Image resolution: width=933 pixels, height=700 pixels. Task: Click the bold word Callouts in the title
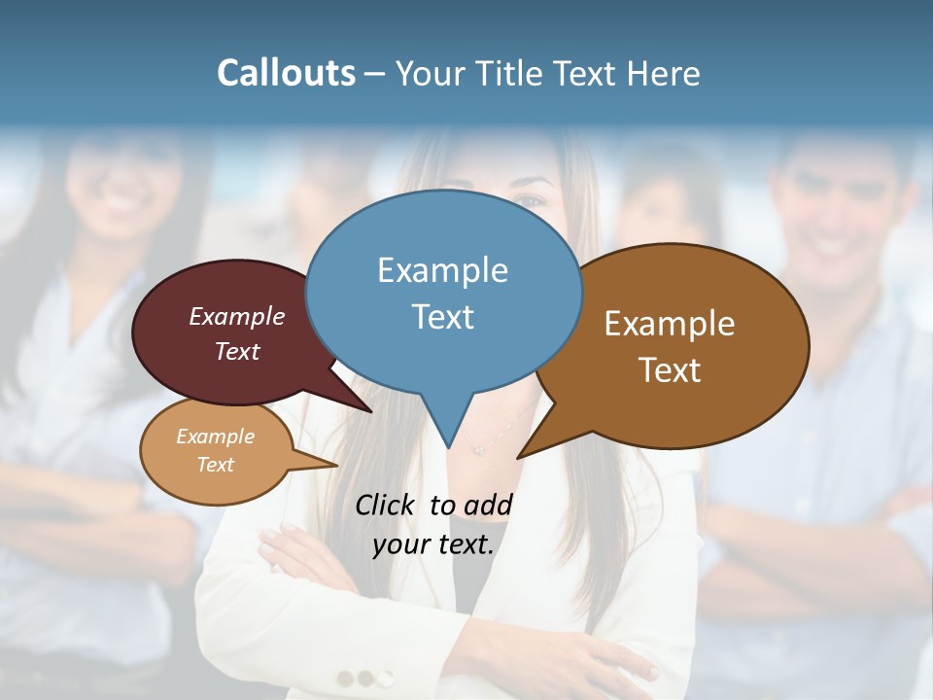tap(287, 73)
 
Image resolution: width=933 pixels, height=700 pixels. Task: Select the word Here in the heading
tap(664, 73)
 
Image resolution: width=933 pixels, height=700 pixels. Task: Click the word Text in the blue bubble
tap(442, 316)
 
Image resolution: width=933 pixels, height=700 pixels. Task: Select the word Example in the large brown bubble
tap(670, 323)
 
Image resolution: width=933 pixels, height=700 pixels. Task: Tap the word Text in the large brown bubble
tap(670, 369)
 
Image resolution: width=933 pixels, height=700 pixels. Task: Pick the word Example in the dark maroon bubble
tap(236, 316)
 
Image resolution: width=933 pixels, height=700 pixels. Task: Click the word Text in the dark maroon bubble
tap(236, 351)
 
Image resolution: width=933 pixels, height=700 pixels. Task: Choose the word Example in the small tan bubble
tap(215, 437)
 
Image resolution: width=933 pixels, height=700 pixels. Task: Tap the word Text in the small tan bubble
tap(215, 465)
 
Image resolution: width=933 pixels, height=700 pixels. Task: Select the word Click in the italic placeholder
tap(384, 505)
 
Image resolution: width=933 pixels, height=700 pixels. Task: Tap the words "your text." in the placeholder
tap(433, 543)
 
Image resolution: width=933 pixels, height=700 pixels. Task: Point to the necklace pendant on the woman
tap(477, 449)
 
